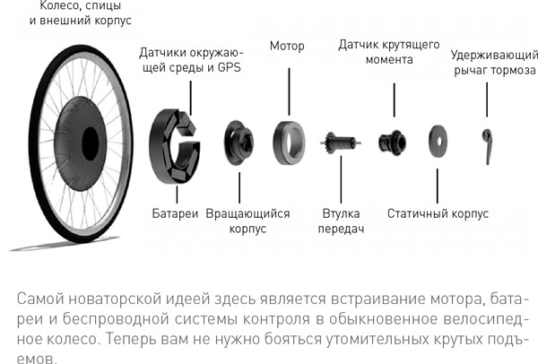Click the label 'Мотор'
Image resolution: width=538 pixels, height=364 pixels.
pos(287,47)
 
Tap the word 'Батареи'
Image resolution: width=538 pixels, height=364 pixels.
pos(175,213)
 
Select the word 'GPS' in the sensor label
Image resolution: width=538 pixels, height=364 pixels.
pos(230,67)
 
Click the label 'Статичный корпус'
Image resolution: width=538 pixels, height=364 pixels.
pos(438,213)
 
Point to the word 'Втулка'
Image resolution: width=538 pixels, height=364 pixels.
pos(341,213)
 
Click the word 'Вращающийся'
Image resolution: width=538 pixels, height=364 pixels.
pos(247,213)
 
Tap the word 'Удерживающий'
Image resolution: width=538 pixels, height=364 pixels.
pos(494,56)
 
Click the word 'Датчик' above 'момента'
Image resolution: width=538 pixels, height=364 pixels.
pos(359,45)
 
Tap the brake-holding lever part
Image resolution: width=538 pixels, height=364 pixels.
pos(487,146)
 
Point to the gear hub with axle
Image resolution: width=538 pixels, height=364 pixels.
pos(341,143)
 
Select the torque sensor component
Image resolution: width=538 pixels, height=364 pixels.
pos(392,143)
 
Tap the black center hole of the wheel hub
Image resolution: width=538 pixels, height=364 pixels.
pos(91,143)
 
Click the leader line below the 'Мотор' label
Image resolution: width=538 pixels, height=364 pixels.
pos(289,91)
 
